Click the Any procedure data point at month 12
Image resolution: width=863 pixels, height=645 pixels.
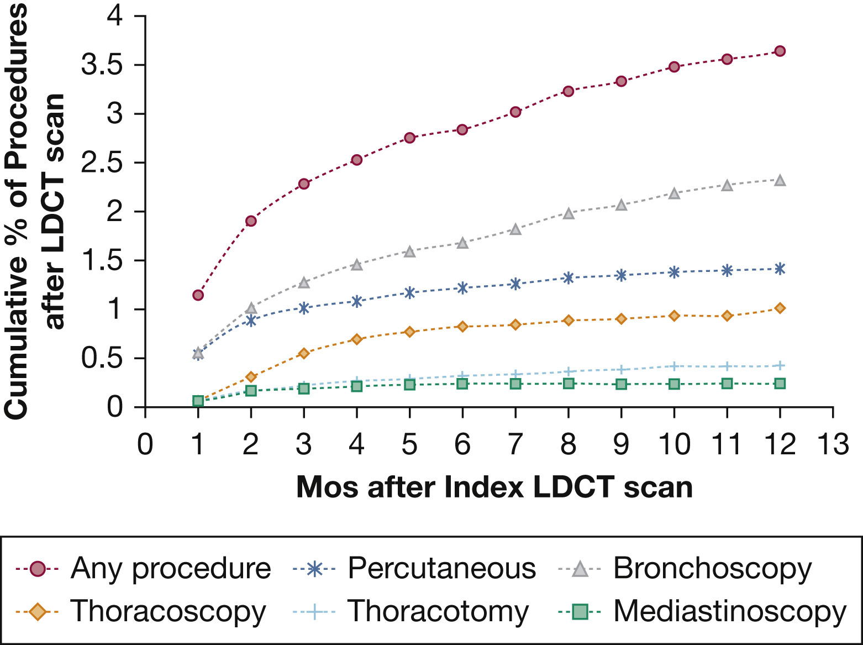780,51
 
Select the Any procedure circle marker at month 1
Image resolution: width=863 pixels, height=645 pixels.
198,295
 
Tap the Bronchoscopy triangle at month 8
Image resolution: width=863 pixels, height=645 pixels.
569,213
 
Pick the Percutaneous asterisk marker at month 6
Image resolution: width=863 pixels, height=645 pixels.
462,288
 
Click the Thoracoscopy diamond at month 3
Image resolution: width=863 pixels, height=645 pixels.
303,353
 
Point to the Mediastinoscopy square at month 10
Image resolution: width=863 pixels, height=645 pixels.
674,384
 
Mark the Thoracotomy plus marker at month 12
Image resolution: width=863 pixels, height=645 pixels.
780,365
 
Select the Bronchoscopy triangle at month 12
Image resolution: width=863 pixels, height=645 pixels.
780,180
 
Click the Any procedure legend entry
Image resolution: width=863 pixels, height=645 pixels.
171,568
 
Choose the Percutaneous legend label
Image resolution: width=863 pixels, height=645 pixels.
441,568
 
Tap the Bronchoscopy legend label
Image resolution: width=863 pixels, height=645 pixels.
712,568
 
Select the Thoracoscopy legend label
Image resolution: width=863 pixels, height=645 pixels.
168,611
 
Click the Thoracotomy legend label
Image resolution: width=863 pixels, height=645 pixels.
438,611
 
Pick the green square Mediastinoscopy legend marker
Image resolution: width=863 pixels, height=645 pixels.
579,612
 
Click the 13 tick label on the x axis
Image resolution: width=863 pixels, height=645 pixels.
832,444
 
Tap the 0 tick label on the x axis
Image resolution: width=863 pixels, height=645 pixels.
145,444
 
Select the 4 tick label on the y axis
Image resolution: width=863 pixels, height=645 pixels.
115,16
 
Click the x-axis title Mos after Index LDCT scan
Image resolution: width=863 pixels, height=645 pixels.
494,487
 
